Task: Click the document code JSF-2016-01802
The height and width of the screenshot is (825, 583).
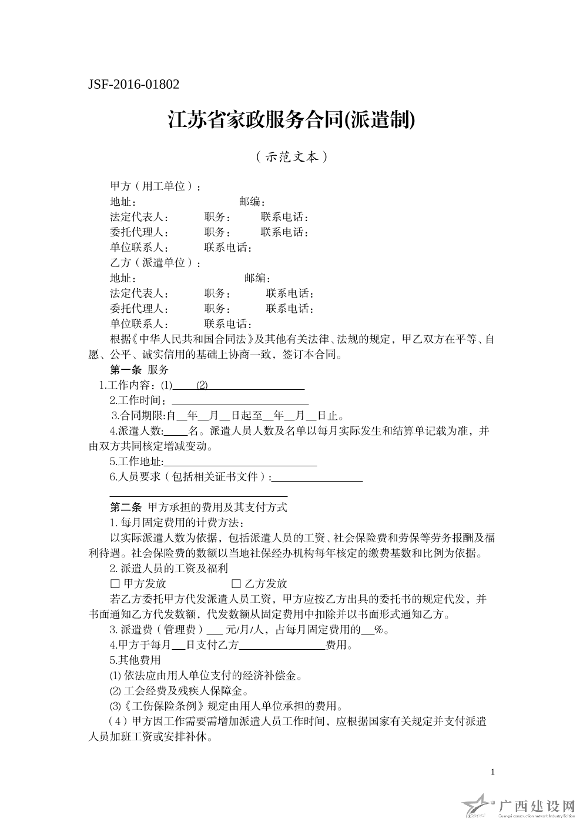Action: [x=133, y=84]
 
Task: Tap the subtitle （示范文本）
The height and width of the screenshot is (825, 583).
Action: [x=291, y=157]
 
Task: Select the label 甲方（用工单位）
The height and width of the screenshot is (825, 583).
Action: [x=154, y=186]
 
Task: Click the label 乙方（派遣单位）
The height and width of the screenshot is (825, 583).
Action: [x=154, y=263]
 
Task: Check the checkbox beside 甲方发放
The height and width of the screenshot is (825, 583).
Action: [x=115, y=584]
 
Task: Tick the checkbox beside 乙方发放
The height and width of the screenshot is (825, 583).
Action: [x=236, y=584]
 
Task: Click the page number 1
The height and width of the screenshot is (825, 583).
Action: [x=492, y=771]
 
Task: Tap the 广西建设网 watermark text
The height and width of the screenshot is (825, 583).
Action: [x=536, y=805]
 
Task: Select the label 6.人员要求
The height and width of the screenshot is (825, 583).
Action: [x=135, y=477]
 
